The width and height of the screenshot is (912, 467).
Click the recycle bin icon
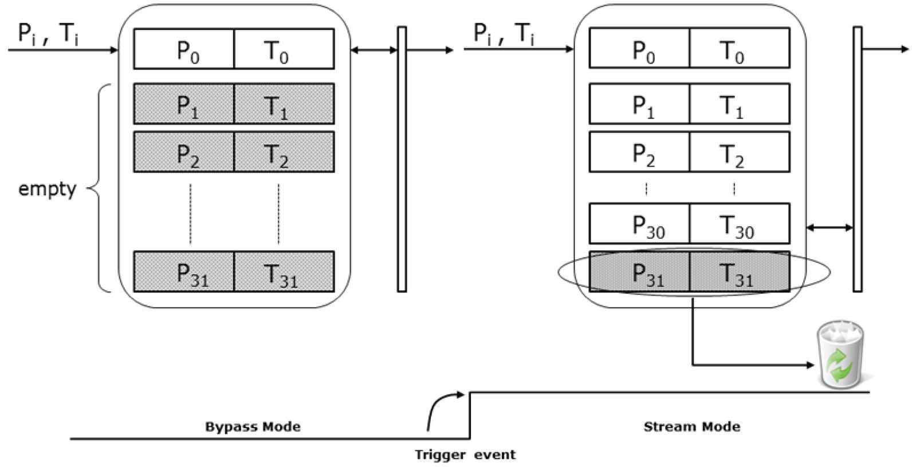click(x=840, y=355)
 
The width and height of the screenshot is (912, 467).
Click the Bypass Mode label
click(x=253, y=426)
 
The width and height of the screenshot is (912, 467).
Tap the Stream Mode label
click(x=691, y=426)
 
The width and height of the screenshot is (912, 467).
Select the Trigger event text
click(x=465, y=455)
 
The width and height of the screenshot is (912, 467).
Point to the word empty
click(x=47, y=188)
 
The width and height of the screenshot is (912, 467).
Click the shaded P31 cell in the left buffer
click(x=184, y=272)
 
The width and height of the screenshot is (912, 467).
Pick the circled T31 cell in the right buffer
click(x=739, y=272)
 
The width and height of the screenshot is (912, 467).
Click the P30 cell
click(x=639, y=224)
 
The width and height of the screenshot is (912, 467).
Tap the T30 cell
click(x=739, y=224)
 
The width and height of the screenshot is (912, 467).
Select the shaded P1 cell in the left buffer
click(x=184, y=104)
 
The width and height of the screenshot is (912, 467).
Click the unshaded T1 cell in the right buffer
click(x=739, y=104)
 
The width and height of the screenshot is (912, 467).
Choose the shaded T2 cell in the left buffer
click(x=284, y=152)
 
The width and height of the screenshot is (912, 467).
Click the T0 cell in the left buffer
click(x=284, y=49)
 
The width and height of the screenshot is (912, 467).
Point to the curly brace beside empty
click(x=97, y=188)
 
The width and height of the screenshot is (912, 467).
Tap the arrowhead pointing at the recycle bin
click(x=810, y=365)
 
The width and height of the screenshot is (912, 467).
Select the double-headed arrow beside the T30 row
click(x=830, y=228)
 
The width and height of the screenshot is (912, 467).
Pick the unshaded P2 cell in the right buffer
click(x=639, y=152)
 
